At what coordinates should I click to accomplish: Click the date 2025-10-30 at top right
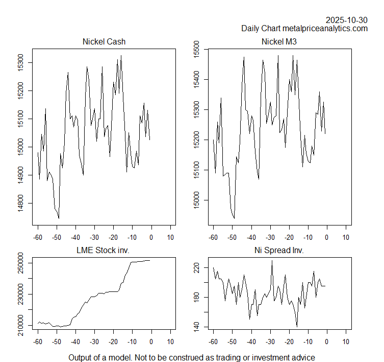[346, 20]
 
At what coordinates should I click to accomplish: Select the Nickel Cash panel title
[104, 42]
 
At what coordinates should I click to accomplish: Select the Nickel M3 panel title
[279, 42]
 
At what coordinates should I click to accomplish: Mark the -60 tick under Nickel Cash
[37, 237]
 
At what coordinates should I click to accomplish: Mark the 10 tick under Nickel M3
[346, 237]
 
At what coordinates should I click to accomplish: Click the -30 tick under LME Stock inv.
[94, 341]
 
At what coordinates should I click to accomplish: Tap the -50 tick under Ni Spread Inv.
[232, 341]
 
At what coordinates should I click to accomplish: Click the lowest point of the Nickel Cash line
[59, 218]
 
